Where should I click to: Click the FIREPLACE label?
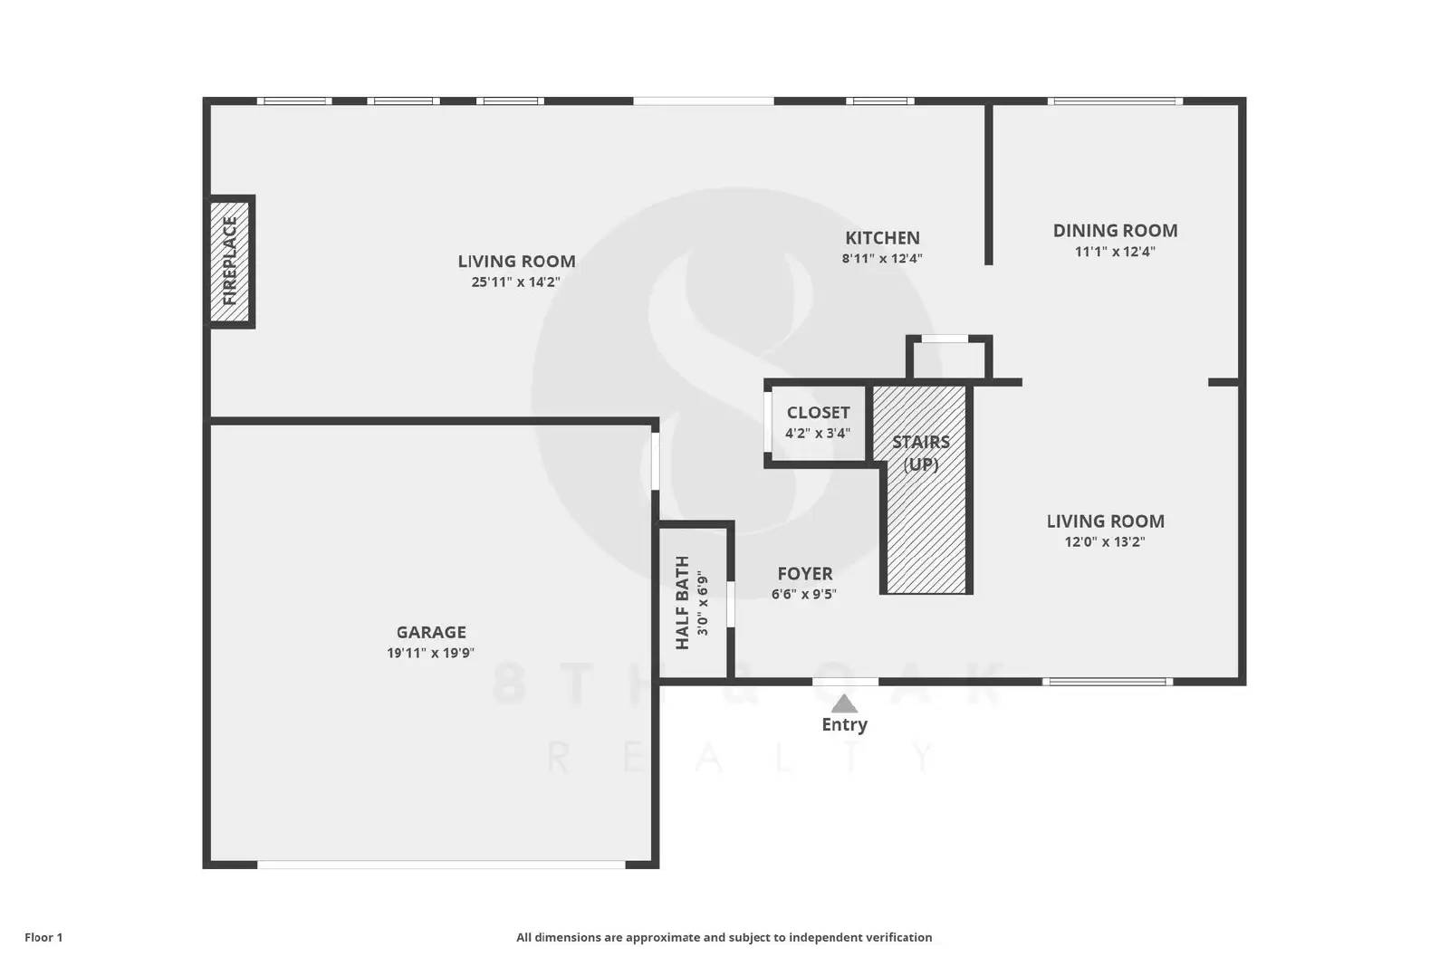pyautogui.click(x=230, y=261)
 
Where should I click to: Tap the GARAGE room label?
pyautogui.click(x=431, y=632)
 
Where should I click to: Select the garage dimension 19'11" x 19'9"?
pyautogui.click(x=431, y=653)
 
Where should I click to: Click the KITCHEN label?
pyautogui.click(x=882, y=238)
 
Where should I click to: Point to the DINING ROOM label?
pyautogui.click(x=1115, y=230)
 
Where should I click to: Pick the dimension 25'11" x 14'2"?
pyautogui.click(x=516, y=282)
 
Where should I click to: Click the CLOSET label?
pyautogui.click(x=818, y=413)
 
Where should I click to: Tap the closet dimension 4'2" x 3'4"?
pyautogui.click(x=818, y=433)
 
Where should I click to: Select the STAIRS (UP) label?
pyautogui.click(x=921, y=453)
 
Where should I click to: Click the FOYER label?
pyautogui.click(x=805, y=573)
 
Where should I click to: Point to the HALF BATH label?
pyautogui.click(x=683, y=602)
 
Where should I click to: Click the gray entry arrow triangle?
pyautogui.click(x=844, y=704)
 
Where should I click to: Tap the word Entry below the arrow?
pyautogui.click(x=844, y=724)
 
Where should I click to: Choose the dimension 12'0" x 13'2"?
pyautogui.click(x=1105, y=542)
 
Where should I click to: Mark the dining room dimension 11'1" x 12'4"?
pyautogui.click(x=1115, y=252)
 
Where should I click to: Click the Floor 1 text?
pyautogui.click(x=43, y=937)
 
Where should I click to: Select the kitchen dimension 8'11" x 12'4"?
pyautogui.click(x=882, y=258)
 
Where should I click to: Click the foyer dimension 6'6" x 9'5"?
pyautogui.click(x=804, y=594)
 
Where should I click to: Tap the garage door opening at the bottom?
pyautogui.click(x=442, y=865)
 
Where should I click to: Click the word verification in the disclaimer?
pyautogui.click(x=896, y=937)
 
